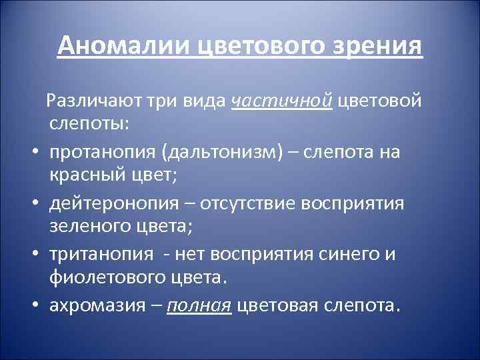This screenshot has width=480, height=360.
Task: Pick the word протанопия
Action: (102, 152)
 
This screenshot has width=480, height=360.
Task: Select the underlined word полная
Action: (199, 305)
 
